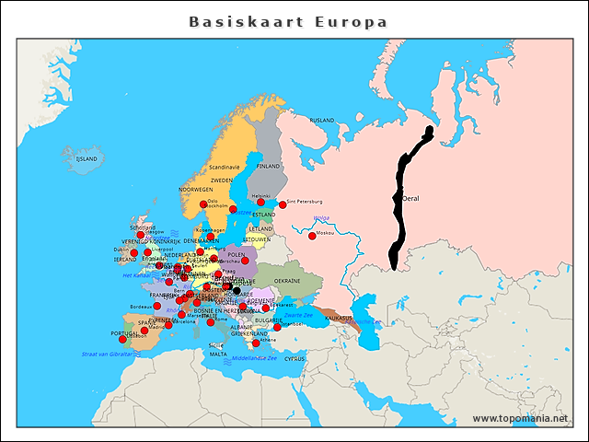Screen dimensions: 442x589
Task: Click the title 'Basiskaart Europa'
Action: coord(288,21)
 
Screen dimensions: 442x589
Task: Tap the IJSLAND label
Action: coord(87,158)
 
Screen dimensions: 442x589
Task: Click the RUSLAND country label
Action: coord(322,121)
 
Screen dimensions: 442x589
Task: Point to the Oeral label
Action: coord(410,197)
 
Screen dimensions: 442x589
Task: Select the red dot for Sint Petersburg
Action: coord(283,204)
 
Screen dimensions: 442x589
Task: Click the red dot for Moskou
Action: coord(311,235)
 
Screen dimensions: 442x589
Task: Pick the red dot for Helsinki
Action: coord(261,202)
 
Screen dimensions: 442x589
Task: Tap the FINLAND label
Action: coord(269,167)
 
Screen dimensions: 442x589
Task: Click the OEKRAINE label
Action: coord(287,281)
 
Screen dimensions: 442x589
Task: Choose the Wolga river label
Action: coord(321,218)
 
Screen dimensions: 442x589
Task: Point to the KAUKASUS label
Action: coord(339,318)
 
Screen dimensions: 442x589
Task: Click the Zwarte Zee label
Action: coord(298,315)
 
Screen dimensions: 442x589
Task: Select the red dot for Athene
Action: coord(256,343)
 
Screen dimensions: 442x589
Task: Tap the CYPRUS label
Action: coord(294,358)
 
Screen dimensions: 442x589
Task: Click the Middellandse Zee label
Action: coord(255,358)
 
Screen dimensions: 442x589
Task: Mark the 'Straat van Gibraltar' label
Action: coord(107,354)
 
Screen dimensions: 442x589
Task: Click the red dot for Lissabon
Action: coord(122,339)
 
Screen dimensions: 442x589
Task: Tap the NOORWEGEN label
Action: coord(195,189)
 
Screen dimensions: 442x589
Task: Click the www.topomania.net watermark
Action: coord(520,419)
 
